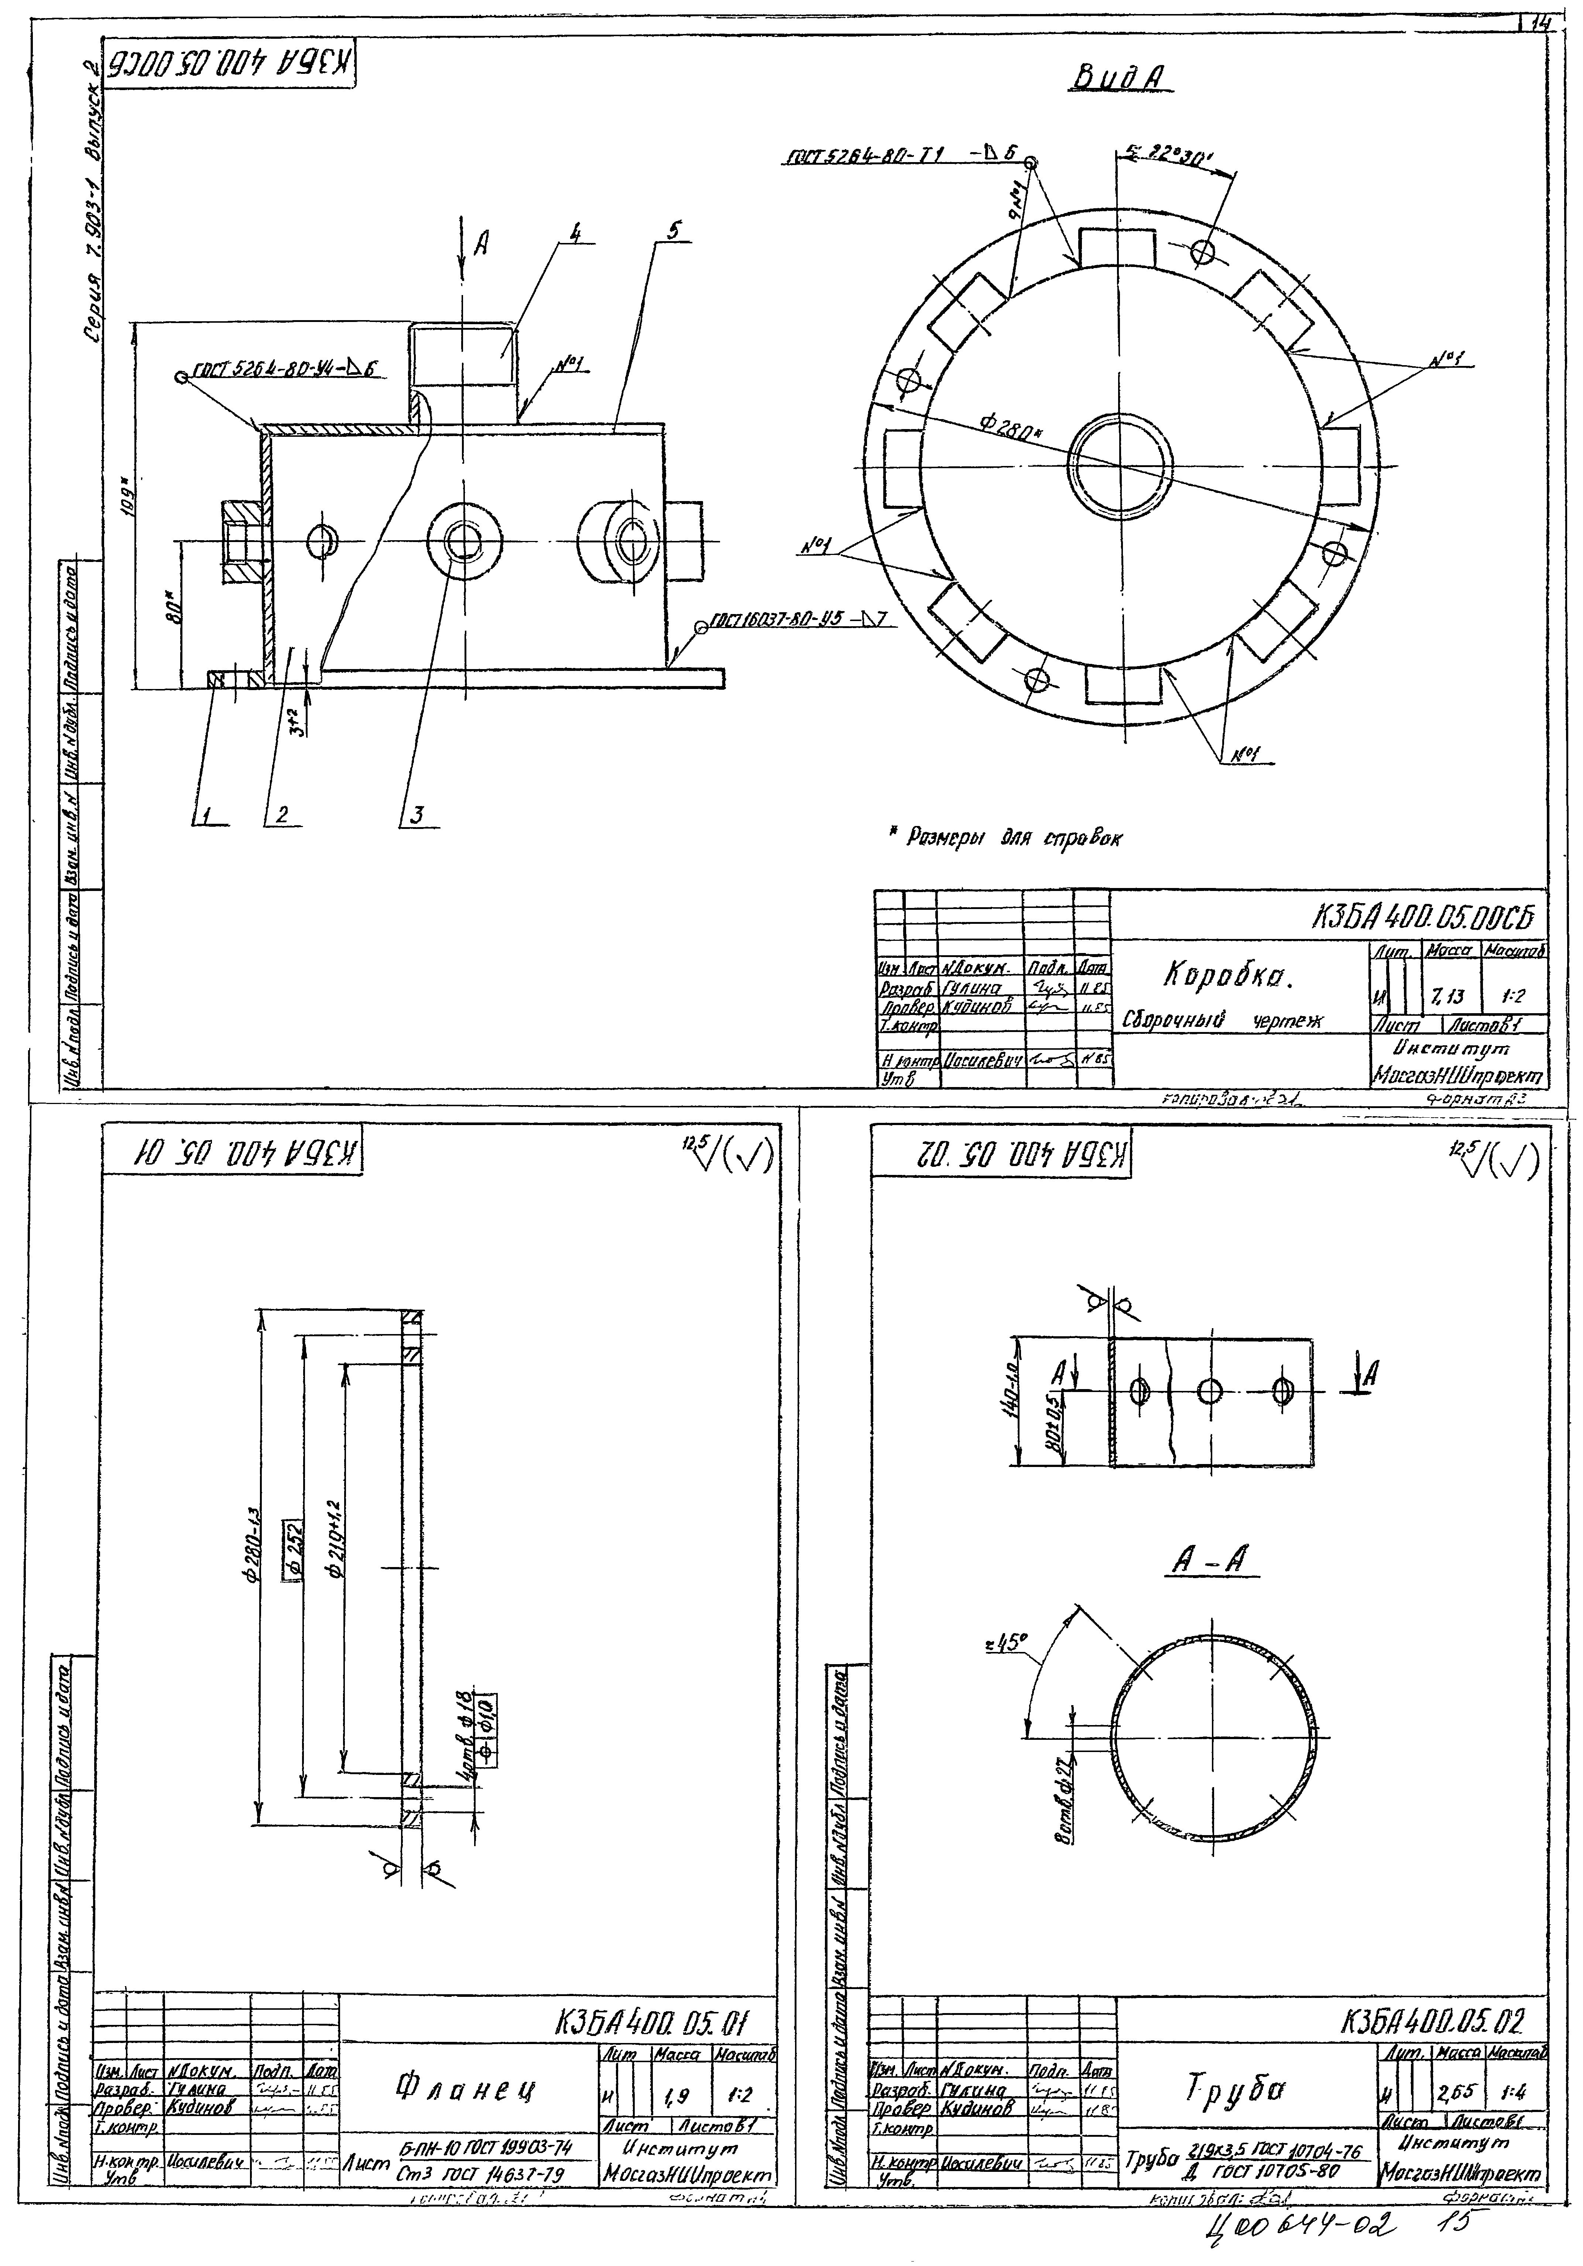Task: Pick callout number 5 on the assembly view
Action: coord(672,233)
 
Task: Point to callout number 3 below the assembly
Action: coord(418,815)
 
